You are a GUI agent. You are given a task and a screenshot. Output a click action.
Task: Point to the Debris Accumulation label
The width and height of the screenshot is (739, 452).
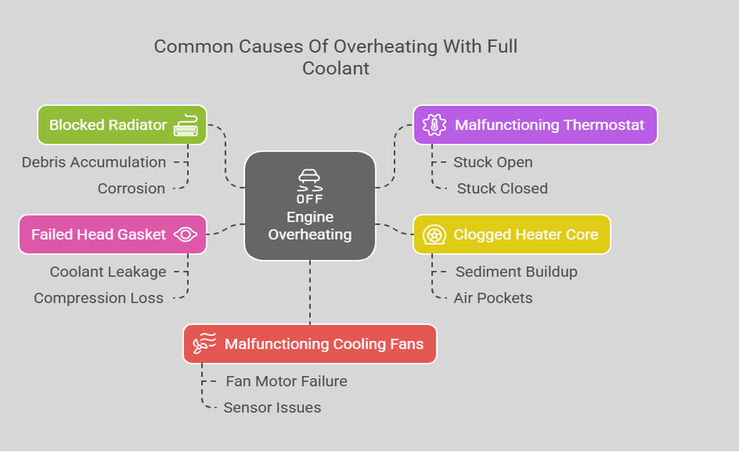point(94,162)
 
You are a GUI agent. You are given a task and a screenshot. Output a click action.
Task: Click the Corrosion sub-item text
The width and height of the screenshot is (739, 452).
point(132,189)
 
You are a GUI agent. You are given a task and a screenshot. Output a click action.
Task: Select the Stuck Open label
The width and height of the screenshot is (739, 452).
point(493,162)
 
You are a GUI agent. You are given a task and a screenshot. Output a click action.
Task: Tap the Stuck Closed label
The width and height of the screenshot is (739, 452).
point(502,189)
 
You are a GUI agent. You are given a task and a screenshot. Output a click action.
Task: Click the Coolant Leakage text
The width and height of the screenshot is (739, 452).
point(108,272)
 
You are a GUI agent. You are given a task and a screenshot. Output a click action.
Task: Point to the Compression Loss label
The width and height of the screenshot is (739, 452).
point(99,299)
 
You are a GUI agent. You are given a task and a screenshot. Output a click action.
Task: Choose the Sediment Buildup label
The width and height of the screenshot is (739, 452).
point(516,272)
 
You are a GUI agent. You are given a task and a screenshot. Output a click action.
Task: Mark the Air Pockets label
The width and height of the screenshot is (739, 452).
point(493,299)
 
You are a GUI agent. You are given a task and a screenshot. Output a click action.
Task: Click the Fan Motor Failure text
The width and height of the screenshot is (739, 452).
point(286,381)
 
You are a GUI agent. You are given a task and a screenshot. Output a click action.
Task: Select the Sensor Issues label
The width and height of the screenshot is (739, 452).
point(272,408)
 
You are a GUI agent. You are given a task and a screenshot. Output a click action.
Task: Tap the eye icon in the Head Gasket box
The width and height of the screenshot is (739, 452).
point(185,234)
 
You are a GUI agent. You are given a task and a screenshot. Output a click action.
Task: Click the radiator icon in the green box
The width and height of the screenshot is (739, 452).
point(186,125)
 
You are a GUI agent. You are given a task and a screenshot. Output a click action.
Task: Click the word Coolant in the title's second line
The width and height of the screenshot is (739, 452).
point(336,68)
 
